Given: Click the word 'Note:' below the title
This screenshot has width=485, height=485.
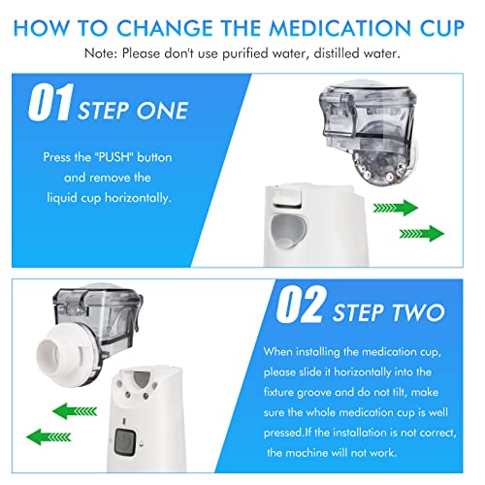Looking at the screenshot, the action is click(x=100, y=53).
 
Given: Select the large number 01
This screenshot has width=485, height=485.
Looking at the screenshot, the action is click(x=50, y=102).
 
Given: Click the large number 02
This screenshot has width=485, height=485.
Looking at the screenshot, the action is click(x=300, y=305).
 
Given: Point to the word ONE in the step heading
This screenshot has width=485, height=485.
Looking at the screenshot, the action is click(x=162, y=111).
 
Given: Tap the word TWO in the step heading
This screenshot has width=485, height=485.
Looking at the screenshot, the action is click(x=418, y=312).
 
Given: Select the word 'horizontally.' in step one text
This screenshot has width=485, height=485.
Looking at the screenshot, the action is click(x=138, y=198).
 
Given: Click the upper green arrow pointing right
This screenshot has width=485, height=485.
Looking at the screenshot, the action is click(x=396, y=208).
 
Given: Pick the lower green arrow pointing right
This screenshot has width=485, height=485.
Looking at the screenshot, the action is click(x=422, y=234).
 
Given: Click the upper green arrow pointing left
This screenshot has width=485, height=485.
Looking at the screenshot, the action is click(x=75, y=411).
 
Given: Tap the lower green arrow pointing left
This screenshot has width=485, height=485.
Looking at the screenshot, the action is click(x=48, y=436).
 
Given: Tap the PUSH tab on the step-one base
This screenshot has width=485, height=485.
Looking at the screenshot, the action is click(x=287, y=196).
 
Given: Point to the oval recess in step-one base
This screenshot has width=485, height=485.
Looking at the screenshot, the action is click(x=288, y=231).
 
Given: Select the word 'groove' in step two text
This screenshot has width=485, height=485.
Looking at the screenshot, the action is click(x=314, y=393).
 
